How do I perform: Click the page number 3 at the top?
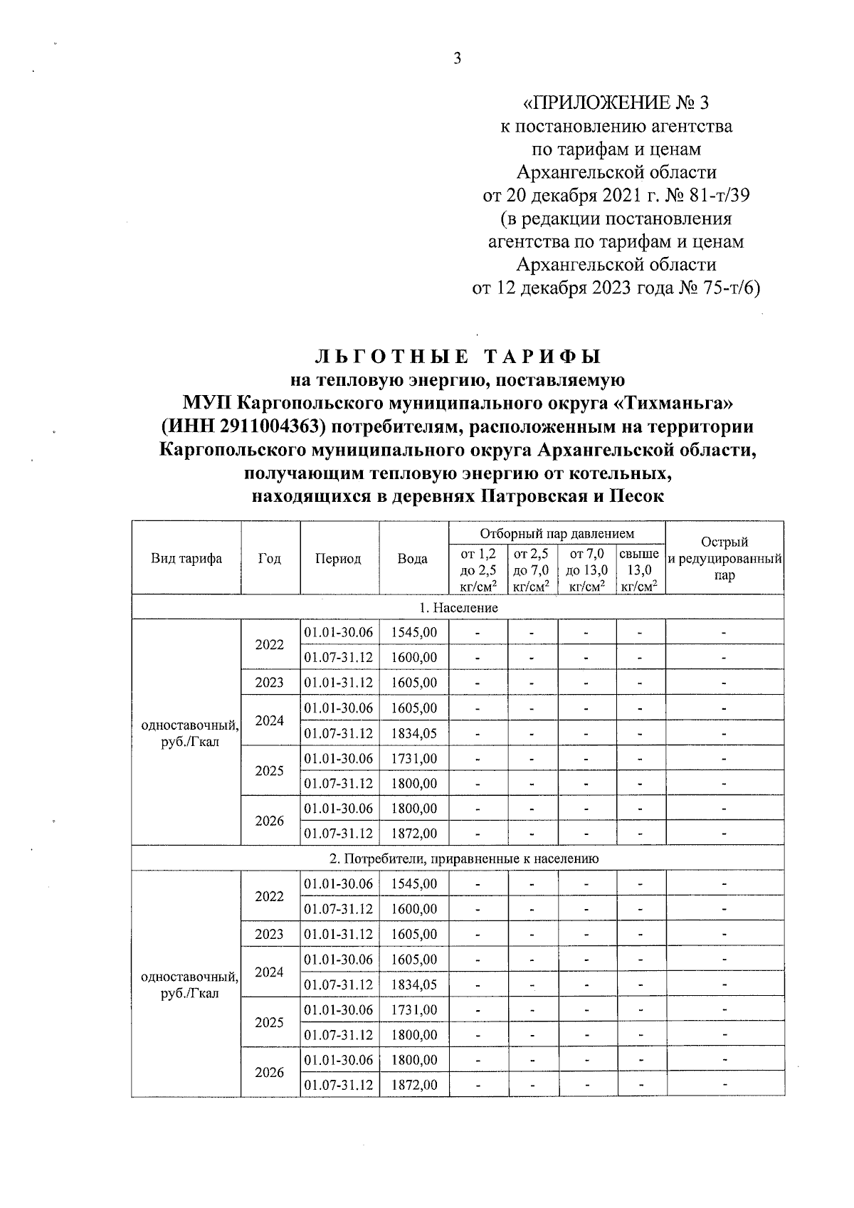coord(458,58)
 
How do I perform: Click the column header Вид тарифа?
coord(186,558)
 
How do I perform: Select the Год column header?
coord(270,558)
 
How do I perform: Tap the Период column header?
coord(338,558)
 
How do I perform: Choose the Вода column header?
coord(413,558)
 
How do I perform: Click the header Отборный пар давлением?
coord(557,533)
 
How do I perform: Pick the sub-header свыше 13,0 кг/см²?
coord(639,569)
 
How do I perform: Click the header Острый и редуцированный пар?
coord(724,558)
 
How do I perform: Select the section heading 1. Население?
coord(458,607)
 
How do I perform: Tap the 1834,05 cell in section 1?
coord(414,733)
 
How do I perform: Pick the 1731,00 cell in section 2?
coord(414,1009)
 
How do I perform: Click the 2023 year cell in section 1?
coord(270,682)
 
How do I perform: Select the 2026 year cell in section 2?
coord(270,1072)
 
